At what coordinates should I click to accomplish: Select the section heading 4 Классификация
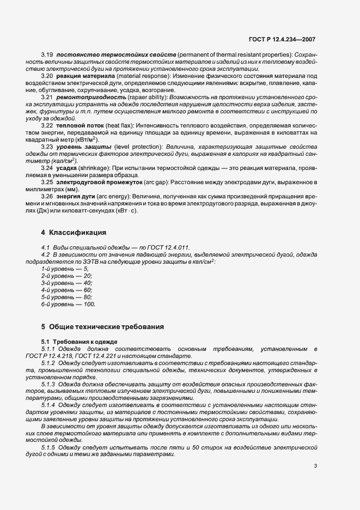tap(74, 233)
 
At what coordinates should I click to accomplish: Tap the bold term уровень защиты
tap(81, 147)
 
